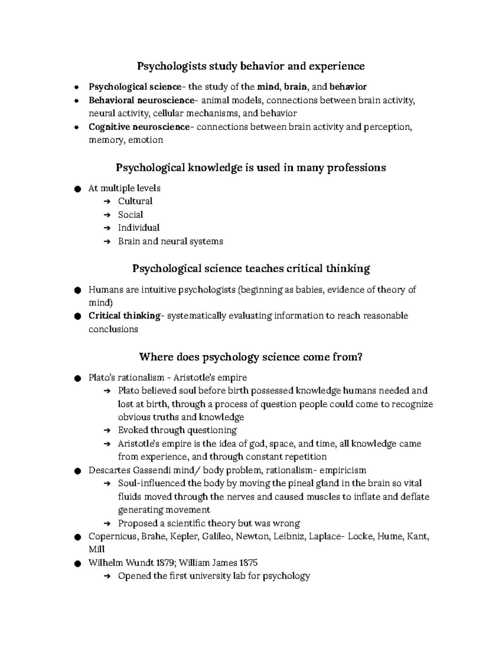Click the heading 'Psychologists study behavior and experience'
(x=251, y=66)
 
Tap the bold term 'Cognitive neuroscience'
(x=139, y=127)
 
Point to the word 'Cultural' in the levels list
(x=135, y=201)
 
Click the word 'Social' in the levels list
(x=131, y=215)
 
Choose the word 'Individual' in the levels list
(x=138, y=228)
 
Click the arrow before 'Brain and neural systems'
(x=108, y=242)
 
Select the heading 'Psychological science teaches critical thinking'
(x=251, y=268)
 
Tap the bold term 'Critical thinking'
(x=124, y=316)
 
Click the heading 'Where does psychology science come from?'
(x=251, y=357)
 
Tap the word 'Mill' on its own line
(x=97, y=550)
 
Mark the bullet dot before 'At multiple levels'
(x=77, y=189)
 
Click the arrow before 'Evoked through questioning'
(x=108, y=430)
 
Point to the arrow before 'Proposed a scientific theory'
(x=108, y=524)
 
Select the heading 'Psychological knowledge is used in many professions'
(x=251, y=168)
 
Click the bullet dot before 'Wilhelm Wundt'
(x=77, y=563)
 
